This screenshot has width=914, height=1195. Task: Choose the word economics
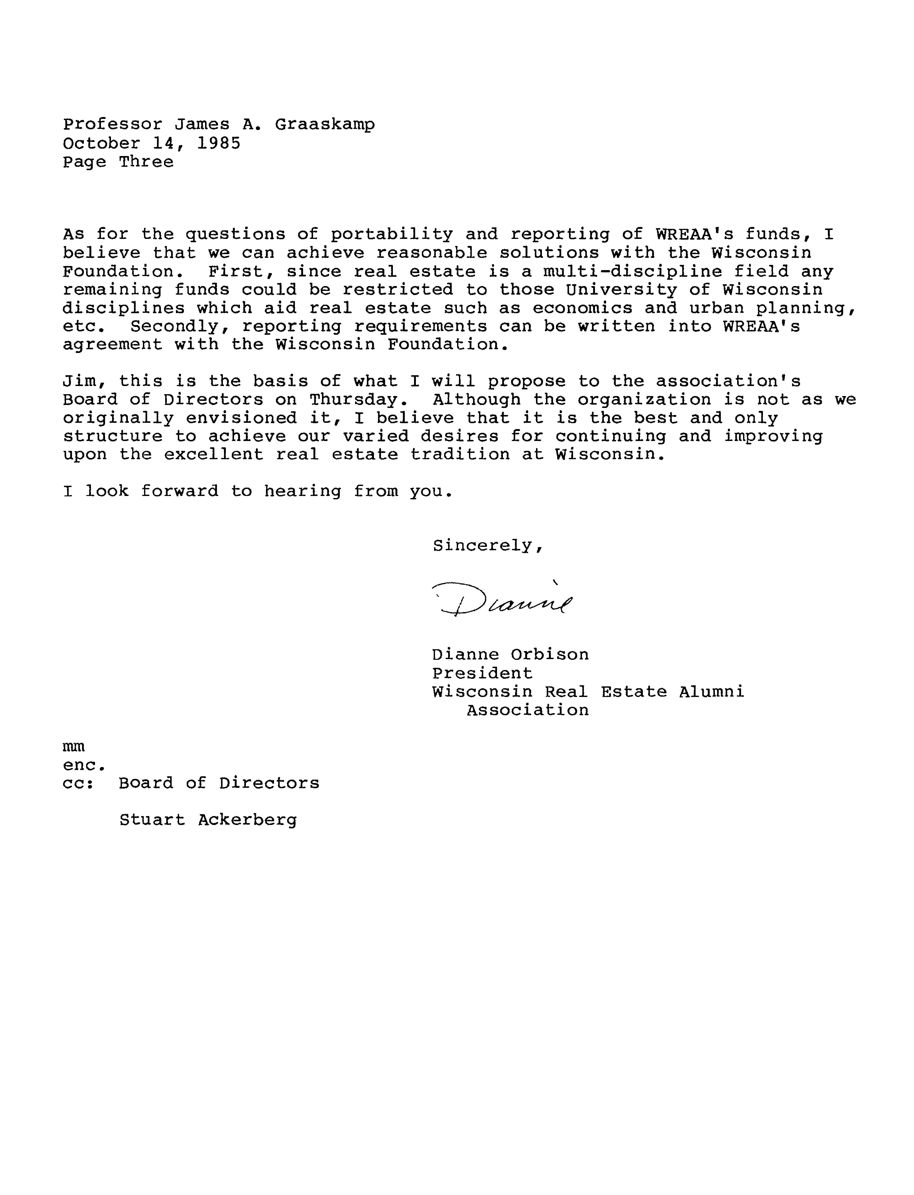(583, 308)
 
